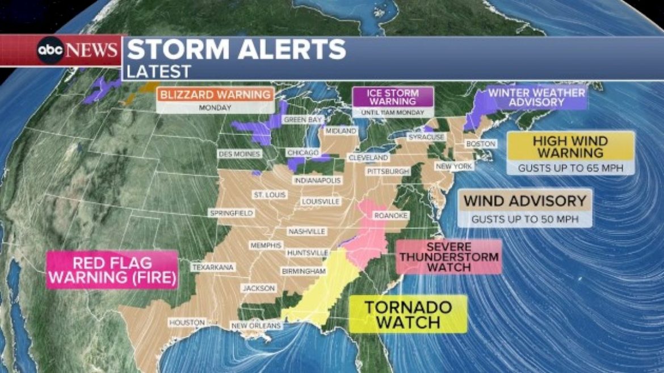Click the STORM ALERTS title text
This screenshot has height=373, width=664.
click(x=236, y=50)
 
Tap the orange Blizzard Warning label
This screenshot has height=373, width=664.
click(x=215, y=95)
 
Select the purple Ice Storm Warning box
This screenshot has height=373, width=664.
click(x=393, y=97)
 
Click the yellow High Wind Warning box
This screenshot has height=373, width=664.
click(x=570, y=147)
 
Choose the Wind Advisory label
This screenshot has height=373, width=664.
click(x=525, y=201)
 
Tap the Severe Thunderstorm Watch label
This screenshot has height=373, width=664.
click(x=449, y=257)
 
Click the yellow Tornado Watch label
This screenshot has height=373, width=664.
click(x=408, y=315)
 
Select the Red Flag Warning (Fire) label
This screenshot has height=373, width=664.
click(x=112, y=270)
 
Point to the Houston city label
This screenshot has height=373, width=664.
click(x=186, y=322)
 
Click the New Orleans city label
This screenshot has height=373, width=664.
click(x=255, y=325)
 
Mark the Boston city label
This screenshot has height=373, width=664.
click(x=480, y=144)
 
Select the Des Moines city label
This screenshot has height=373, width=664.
click(x=239, y=154)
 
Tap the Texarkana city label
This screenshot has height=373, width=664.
click(x=209, y=266)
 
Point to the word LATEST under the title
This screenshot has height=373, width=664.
click(x=159, y=72)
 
